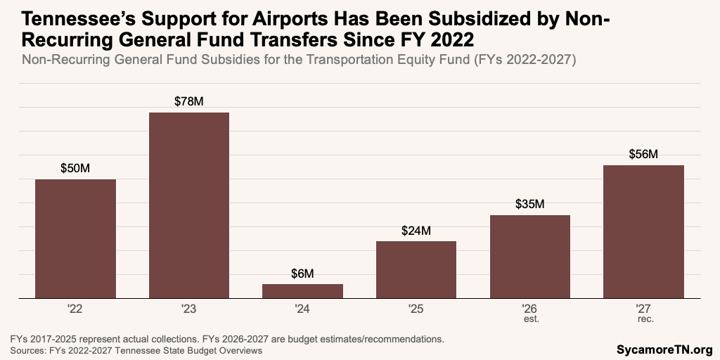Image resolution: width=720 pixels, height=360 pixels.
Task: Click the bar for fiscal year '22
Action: (x=75, y=238)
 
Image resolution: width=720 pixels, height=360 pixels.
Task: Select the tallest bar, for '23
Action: (x=189, y=205)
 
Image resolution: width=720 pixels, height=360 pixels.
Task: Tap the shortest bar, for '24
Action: (x=303, y=291)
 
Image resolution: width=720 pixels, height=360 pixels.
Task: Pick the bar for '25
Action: (x=416, y=269)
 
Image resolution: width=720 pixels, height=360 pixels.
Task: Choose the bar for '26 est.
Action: (x=530, y=257)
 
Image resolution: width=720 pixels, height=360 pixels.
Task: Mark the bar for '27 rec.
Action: (x=643, y=231)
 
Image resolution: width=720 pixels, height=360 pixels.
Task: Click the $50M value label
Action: (x=75, y=169)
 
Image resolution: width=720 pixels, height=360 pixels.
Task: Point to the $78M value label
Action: (x=189, y=102)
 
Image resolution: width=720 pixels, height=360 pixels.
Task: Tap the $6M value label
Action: (x=303, y=274)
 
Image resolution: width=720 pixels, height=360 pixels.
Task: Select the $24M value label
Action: (x=416, y=231)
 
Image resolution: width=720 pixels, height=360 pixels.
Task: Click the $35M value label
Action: (x=530, y=205)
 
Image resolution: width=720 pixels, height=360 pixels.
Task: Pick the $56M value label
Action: (x=643, y=155)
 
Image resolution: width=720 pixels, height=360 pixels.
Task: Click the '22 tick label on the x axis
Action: (x=75, y=308)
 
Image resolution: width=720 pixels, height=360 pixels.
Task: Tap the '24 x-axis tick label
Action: (x=303, y=308)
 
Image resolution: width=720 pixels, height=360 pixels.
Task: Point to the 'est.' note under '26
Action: (x=530, y=319)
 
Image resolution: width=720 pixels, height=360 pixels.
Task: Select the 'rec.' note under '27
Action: (x=643, y=319)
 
